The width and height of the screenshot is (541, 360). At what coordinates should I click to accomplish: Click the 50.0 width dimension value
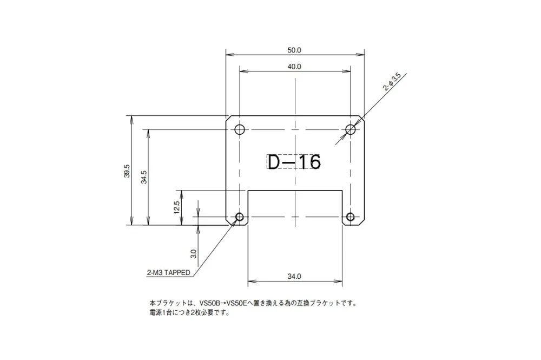point(294,50)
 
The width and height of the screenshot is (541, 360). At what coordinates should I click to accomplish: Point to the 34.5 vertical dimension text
point(144,177)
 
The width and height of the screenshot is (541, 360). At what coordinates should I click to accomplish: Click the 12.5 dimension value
point(177,207)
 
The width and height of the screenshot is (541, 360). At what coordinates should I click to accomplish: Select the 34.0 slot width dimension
point(294,277)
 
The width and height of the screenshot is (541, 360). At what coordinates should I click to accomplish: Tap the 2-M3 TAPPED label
point(168,273)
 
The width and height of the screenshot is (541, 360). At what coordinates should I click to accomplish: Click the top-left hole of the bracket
point(240,129)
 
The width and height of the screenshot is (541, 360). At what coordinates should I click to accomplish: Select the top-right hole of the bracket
point(351,129)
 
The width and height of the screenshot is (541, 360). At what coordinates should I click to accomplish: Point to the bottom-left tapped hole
point(240,217)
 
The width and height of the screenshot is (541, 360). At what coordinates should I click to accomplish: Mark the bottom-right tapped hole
point(351,217)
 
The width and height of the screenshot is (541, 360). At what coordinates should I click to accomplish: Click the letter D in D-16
point(274,161)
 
